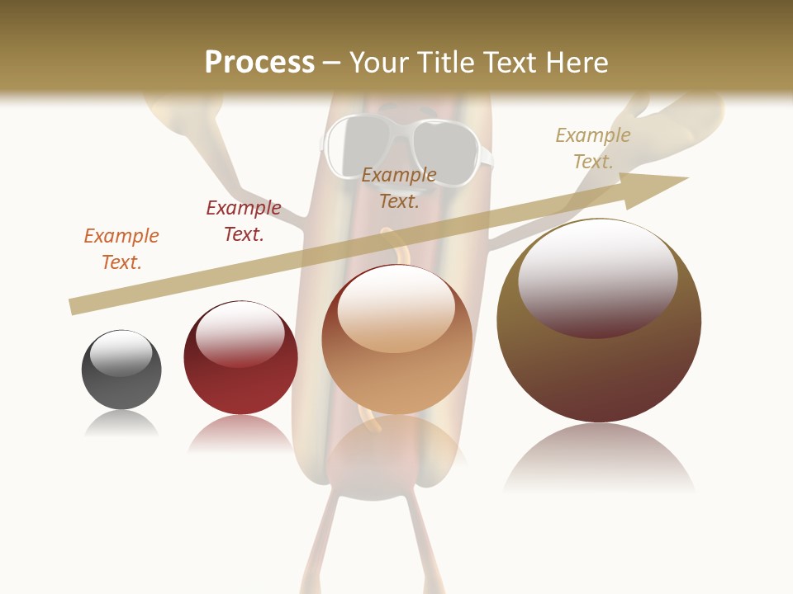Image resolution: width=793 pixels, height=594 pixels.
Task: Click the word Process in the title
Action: (x=259, y=63)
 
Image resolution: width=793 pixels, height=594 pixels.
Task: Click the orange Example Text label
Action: (x=121, y=249)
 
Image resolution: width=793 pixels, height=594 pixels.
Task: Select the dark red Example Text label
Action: (x=244, y=221)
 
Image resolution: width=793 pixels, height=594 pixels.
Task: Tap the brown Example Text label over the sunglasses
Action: (x=399, y=187)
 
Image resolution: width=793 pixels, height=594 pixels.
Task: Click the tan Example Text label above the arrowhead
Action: (x=593, y=148)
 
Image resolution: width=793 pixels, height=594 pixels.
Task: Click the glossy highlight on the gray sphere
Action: (x=121, y=353)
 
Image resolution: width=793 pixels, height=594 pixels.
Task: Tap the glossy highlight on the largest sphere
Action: (x=598, y=276)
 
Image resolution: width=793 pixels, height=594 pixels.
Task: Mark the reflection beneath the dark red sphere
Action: (x=240, y=433)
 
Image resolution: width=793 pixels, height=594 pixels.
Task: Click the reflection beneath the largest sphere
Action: (x=599, y=458)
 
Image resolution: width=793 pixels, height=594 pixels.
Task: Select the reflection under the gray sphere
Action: (x=121, y=423)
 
